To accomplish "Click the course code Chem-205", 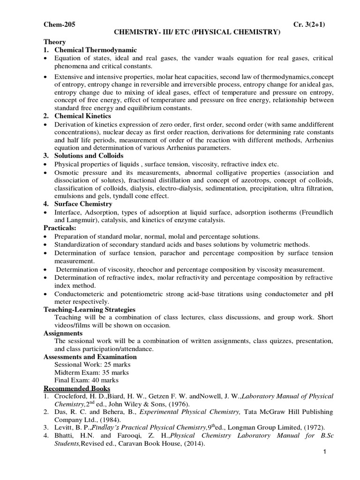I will pyautogui.click(x=59, y=24).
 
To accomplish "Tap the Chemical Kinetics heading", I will pyautogui.click(x=82, y=116).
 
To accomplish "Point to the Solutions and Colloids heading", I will pyautogui.click(x=89, y=155).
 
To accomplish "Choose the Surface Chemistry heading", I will pyautogui.click(x=83, y=204).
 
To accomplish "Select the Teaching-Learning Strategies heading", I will pyautogui.click(x=90, y=309).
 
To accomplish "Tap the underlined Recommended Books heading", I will pyautogui.click(x=77, y=388).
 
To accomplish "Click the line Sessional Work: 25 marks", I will pyautogui.click(x=92, y=364).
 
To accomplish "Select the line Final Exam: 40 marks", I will pyautogui.click(x=86, y=380).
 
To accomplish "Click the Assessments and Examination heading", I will pyautogui.click(x=90, y=357).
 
